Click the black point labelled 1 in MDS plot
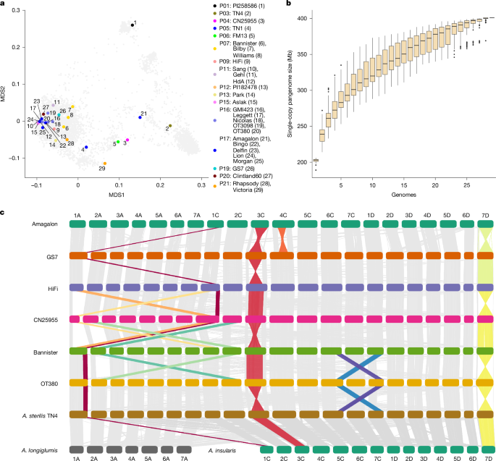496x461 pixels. pos(132,25)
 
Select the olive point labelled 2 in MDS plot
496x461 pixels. pos(170,126)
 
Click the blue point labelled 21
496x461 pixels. pos(140,117)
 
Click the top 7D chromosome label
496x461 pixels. pos(484,215)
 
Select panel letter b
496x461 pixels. pos(290,4)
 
